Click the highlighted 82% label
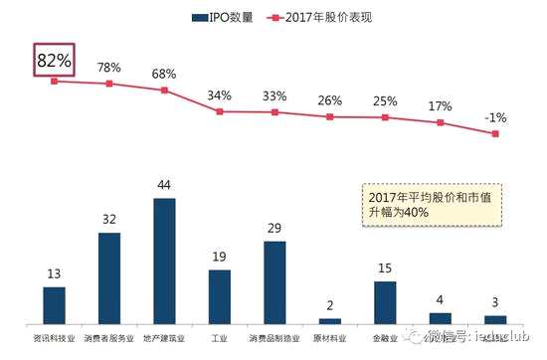click(54, 60)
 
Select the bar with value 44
click(164, 261)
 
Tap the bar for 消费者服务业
click(109, 277)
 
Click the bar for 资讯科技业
click(54, 304)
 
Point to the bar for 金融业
click(385, 301)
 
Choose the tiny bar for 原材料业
click(330, 320)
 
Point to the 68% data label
click(164, 76)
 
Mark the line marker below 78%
click(109, 84)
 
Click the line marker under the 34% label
click(220, 111)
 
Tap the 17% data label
click(440, 106)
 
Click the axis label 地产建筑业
click(164, 338)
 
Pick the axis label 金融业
click(385, 338)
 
